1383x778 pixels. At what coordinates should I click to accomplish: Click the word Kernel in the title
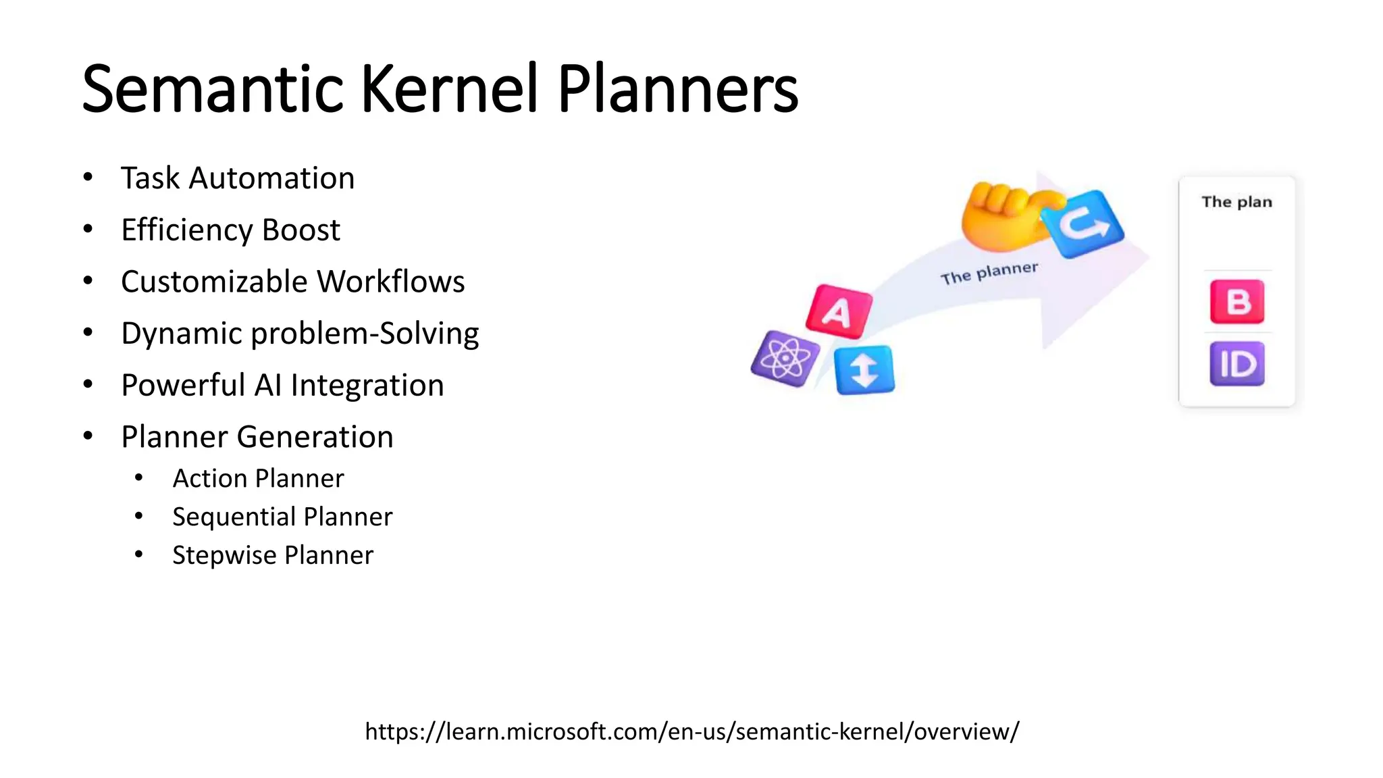coord(449,89)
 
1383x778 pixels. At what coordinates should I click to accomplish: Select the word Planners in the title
coord(677,89)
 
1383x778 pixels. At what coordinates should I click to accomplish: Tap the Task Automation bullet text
coord(238,178)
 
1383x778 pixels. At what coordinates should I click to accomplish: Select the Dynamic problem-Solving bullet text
coord(300,334)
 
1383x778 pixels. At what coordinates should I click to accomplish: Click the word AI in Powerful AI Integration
coord(268,386)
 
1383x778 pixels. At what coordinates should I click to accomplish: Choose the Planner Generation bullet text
coord(257,437)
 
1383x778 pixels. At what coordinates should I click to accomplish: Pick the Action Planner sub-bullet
coord(258,479)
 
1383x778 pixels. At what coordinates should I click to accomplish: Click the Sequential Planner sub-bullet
coord(282,517)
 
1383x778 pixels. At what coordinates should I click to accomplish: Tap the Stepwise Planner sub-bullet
coord(273,556)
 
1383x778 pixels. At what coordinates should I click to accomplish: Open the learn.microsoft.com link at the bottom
coord(691,731)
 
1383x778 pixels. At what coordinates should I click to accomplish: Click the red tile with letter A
coord(839,311)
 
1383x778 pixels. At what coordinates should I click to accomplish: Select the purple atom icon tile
coord(785,358)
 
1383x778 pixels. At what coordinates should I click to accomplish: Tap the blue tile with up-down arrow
coord(864,370)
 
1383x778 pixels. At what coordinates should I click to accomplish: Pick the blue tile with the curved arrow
coord(1083,224)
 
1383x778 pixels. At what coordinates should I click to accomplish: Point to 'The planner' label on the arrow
coord(989,273)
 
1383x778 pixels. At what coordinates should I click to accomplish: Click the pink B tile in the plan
coord(1237,301)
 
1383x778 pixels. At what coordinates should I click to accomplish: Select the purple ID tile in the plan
coord(1237,364)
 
